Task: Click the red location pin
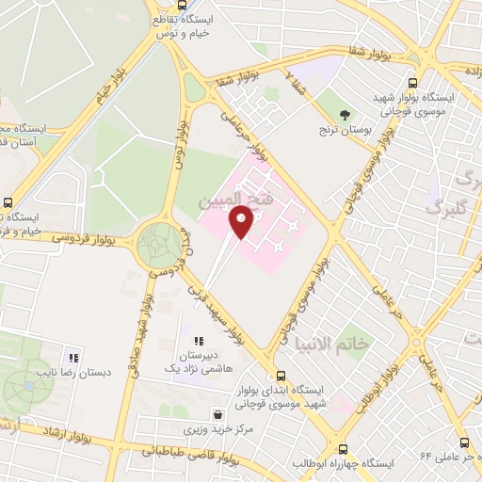click(x=242, y=222)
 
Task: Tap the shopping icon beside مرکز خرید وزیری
click(x=218, y=413)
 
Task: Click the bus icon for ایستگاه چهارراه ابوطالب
click(x=343, y=450)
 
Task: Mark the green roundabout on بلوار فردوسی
click(x=160, y=246)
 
